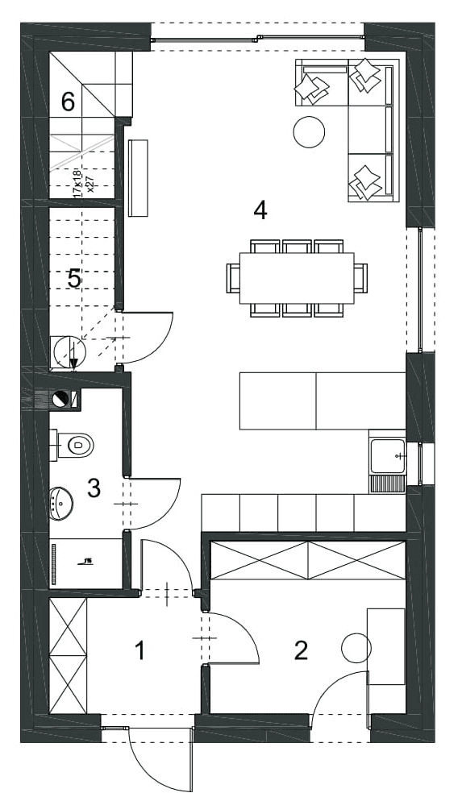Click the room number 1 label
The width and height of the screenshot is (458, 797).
[x=140, y=650]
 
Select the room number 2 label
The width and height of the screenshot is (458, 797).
[x=301, y=650]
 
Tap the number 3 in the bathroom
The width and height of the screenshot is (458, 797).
[x=94, y=488]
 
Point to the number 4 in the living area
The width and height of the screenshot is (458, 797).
[x=260, y=210]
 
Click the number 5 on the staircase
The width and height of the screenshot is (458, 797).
[x=74, y=279]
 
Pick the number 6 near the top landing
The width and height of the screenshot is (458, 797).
[x=69, y=102]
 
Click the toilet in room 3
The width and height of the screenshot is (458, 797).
[x=78, y=443]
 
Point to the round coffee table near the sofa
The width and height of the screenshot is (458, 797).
[x=309, y=132]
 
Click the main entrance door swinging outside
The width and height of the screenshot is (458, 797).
[x=161, y=758]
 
